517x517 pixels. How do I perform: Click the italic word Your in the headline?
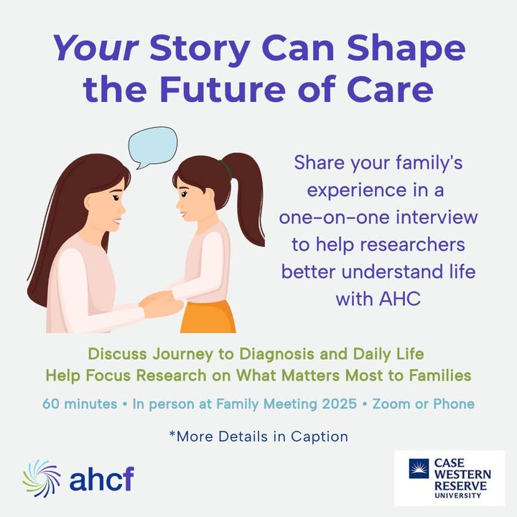96,49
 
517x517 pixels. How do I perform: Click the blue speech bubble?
152,147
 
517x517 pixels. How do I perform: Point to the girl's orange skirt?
208,317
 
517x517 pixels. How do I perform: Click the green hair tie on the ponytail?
226,169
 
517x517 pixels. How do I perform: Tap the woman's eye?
116,197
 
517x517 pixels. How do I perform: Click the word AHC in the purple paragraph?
400,299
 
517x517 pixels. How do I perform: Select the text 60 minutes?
80,404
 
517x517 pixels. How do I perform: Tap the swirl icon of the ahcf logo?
42,478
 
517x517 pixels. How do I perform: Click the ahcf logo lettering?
101,479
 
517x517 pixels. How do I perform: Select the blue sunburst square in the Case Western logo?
419,468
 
